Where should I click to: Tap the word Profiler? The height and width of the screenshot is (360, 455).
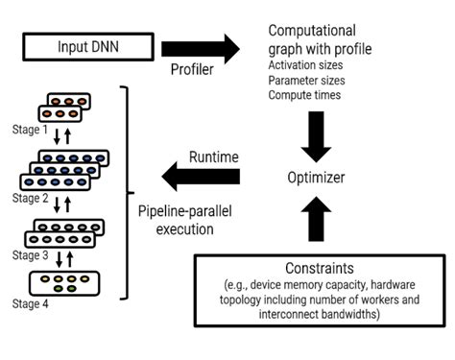[193, 72]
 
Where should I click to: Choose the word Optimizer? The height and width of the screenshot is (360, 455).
[317, 178]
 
